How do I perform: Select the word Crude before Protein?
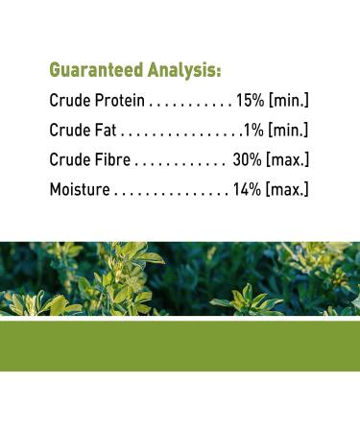69,101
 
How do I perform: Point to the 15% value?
250,101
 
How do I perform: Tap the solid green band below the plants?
180,346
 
